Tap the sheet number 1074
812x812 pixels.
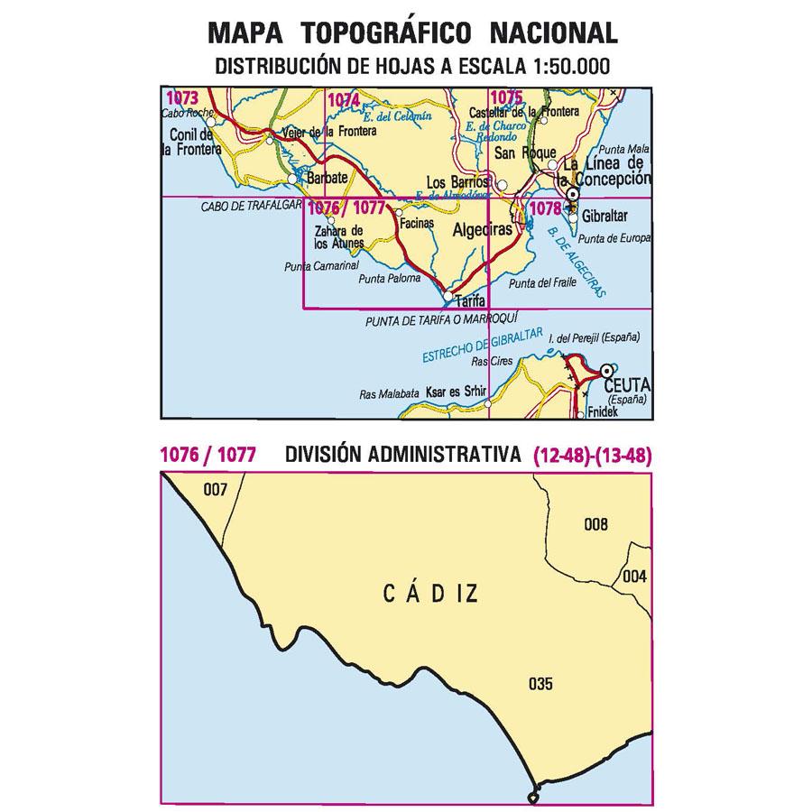(343, 100)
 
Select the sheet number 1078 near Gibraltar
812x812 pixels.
(547, 208)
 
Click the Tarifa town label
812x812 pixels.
(470, 300)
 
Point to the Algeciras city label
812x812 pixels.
(475, 230)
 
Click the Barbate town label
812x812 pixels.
(327, 179)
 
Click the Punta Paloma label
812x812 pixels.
(390, 279)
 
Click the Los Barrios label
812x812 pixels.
(456, 180)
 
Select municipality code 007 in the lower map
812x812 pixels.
(215, 490)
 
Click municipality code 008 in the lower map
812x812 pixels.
(596, 525)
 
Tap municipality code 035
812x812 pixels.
(541, 683)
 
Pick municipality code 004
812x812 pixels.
(634, 577)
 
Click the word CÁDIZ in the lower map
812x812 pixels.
(429, 594)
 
